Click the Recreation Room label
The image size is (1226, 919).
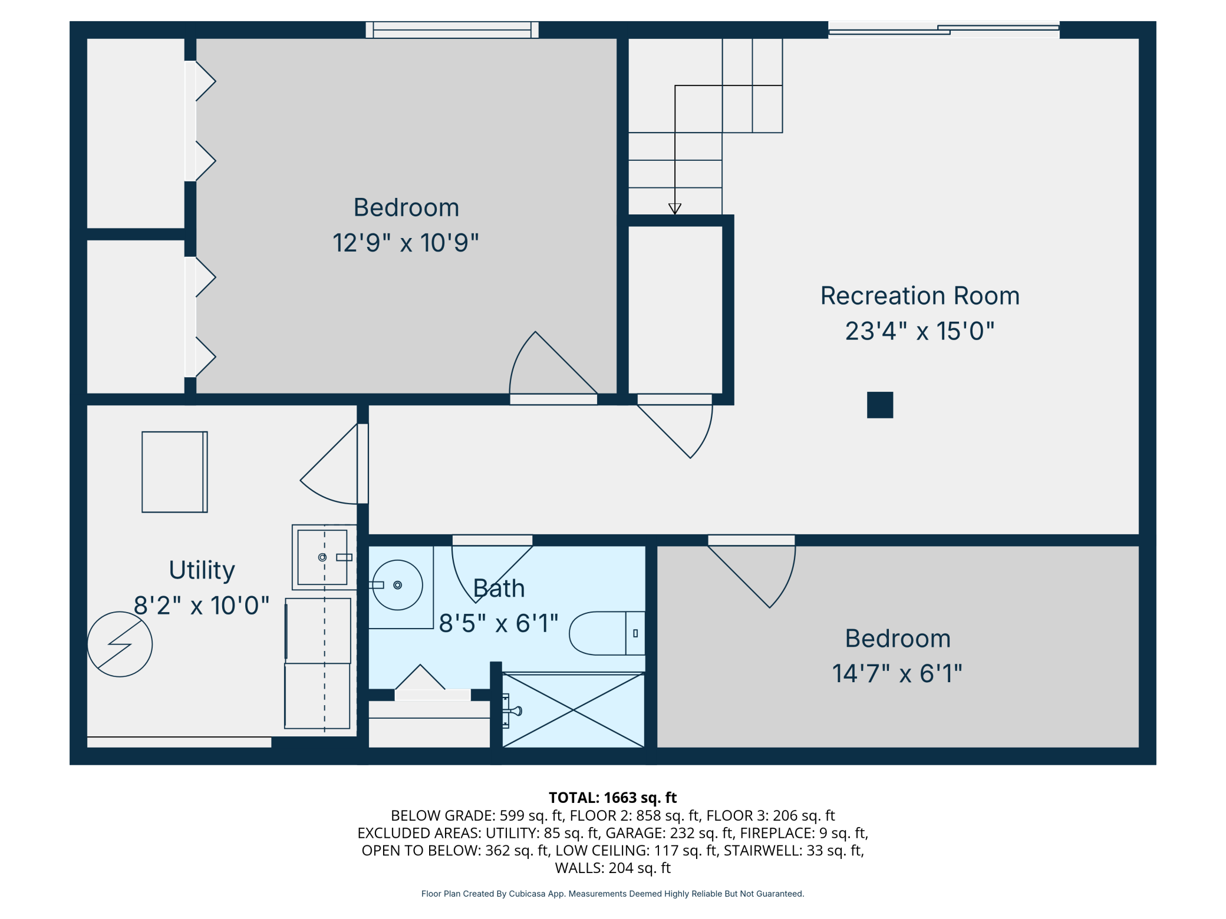(x=920, y=296)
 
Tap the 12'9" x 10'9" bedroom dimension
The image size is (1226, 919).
(x=406, y=243)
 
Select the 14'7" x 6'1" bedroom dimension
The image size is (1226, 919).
(x=897, y=673)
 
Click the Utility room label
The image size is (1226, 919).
(x=202, y=570)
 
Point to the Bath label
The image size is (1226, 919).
(x=499, y=589)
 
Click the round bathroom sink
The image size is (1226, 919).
(x=398, y=585)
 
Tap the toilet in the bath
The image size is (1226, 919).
(x=607, y=633)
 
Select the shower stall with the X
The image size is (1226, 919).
(x=574, y=710)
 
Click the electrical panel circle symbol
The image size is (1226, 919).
(x=120, y=644)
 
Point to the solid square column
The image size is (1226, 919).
(x=880, y=405)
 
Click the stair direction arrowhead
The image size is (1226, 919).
(x=675, y=209)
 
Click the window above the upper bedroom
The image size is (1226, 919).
(x=452, y=30)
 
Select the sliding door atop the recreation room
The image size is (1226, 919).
(x=944, y=30)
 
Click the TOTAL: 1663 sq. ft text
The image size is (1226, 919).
(x=613, y=798)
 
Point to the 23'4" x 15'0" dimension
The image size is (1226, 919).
(x=920, y=331)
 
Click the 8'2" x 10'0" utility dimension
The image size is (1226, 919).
(x=202, y=606)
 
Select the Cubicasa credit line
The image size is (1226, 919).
(x=613, y=894)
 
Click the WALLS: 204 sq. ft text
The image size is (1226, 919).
(x=613, y=868)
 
